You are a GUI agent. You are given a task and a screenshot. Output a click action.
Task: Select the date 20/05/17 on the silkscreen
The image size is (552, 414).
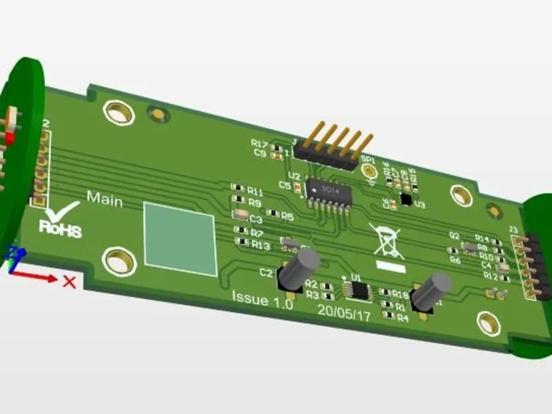(x=344, y=312)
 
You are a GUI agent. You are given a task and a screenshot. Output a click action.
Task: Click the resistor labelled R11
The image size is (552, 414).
(x=238, y=188)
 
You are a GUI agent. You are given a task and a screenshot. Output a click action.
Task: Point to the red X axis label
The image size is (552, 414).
(x=69, y=282)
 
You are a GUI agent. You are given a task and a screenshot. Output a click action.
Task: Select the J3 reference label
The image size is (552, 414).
(x=513, y=230)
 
